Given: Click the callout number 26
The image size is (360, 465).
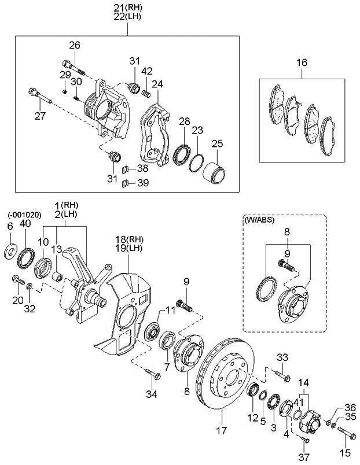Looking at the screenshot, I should coord(75,45).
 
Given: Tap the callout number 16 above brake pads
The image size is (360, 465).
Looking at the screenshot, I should coord(302,62).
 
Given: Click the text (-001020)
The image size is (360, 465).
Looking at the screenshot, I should coord(24,215).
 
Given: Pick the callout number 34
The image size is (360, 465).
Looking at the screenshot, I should coord(152,394).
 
